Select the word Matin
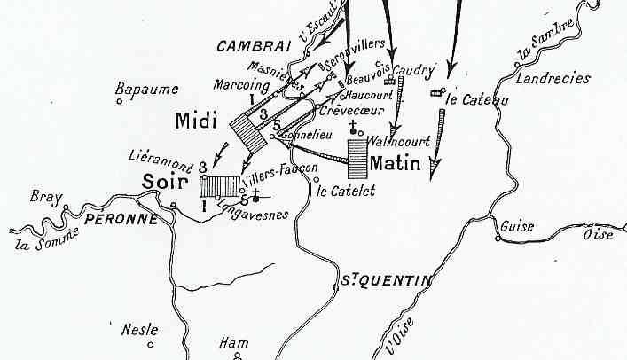pos(394,163)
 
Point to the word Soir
pos(164,183)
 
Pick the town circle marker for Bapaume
pos(120,88)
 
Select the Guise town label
pos(516,226)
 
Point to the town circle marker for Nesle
pos(151,342)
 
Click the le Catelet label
pos(347,190)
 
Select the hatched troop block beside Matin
pos(357,159)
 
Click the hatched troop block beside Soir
pos(218,186)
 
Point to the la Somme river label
pos(42,236)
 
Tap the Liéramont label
pos(160,154)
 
